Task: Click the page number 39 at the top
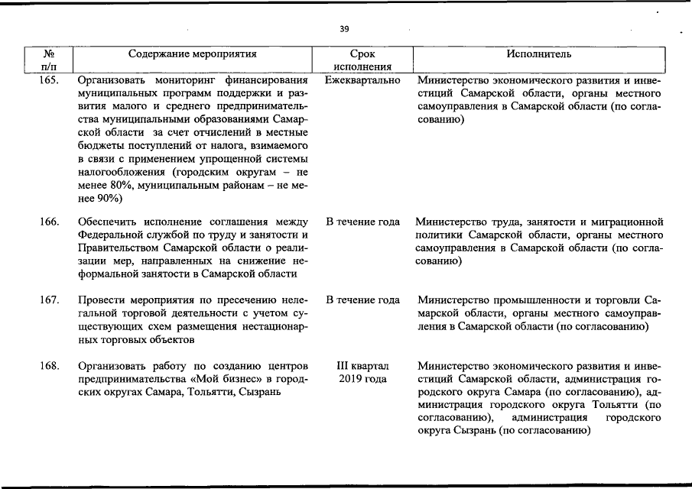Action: pos(344,29)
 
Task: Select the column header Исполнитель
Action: pos(538,54)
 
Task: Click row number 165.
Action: pos(50,79)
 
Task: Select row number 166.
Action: pos(50,222)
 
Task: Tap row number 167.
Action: pos(50,300)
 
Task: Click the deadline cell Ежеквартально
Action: pos(362,79)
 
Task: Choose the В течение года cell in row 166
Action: pos(362,222)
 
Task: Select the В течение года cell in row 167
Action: pos(362,300)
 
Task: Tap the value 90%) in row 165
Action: pos(106,197)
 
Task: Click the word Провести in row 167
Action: pos(101,300)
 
